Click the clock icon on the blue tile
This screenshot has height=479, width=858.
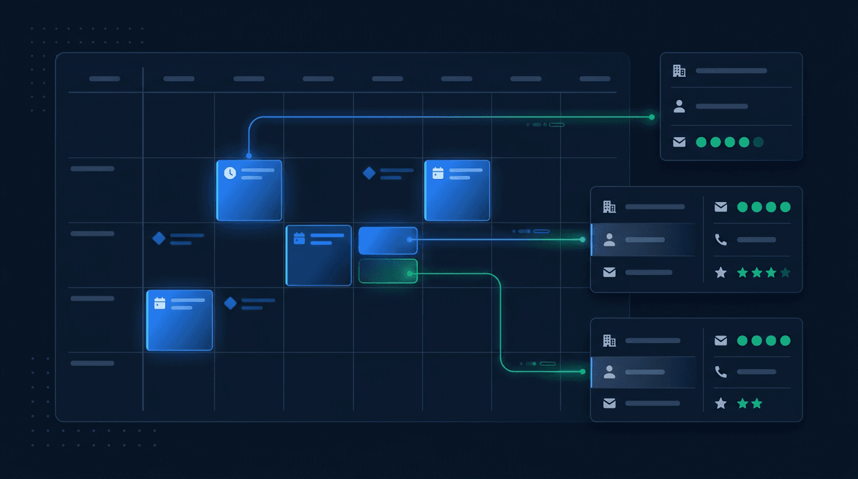coord(230,173)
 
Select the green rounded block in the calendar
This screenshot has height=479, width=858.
coord(388,271)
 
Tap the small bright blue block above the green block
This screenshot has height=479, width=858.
coord(388,240)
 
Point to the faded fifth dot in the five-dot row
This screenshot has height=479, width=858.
coord(758,142)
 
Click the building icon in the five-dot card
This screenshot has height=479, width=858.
coord(679,71)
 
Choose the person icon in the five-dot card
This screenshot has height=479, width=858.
coord(679,107)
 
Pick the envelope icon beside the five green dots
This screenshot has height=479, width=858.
coord(679,142)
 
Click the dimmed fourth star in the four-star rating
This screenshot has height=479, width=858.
coord(785,273)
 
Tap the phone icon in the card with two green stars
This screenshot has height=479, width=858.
coord(721,372)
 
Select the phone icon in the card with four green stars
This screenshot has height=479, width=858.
coord(721,239)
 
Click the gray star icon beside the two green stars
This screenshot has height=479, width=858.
coord(721,404)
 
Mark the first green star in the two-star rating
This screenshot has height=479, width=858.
coord(743,404)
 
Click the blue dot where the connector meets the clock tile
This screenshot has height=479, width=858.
coord(249,155)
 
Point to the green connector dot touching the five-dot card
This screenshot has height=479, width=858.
coord(652,117)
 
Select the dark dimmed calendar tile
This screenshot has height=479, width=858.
coord(319,255)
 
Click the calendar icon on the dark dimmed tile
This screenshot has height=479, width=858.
coord(299,238)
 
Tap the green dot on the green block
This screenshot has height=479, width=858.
coord(410,273)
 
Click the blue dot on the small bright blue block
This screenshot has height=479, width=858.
coord(410,239)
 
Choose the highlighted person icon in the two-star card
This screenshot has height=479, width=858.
coord(610,372)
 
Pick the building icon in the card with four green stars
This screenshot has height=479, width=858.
coord(609,206)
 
